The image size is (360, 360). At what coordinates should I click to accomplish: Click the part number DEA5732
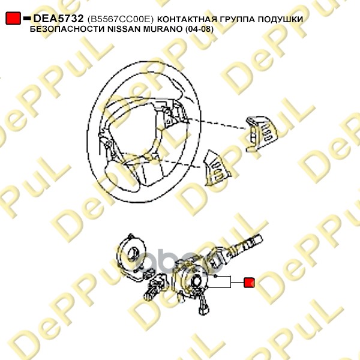(x=58, y=19)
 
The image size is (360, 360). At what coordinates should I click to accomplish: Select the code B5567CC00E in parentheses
(x=121, y=20)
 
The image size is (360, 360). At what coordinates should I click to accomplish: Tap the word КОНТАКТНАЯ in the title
(x=187, y=20)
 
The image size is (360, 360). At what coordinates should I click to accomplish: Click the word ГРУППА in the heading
(x=237, y=20)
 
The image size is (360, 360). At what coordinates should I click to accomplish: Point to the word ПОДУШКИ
(x=280, y=20)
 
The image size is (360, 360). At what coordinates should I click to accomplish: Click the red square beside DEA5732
(x=13, y=19)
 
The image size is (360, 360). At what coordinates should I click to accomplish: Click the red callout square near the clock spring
(x=249, y=283)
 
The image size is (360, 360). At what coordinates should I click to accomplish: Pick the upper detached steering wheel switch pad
(x=261, y=134)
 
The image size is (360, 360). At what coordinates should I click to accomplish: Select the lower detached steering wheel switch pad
(x=217, y=167)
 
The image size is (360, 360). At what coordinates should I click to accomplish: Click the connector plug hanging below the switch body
(x=204, y=307)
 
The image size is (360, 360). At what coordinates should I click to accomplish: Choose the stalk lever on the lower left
(x=156, y=287)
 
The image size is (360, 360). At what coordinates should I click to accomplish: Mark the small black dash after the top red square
(x=27, y=17)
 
